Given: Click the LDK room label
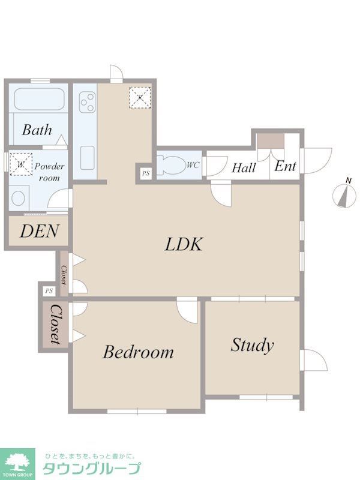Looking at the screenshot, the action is (x=184, y=244).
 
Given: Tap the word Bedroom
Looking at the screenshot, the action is (x=139, y=352).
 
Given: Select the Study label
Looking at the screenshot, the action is (x=252, y=346).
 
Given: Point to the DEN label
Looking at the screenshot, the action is (x=39, y=231).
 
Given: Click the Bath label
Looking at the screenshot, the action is (x=37, y=130).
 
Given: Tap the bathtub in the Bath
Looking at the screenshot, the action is (x=39, y=99).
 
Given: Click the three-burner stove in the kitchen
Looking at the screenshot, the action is (x=88, y=102).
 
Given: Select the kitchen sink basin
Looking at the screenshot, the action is (x=88, y=158).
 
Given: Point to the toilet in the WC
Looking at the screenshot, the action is (x=169, y=166).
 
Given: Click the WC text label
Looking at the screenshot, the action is (x=193, y=166).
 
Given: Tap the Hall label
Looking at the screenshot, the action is (x=244, y=168).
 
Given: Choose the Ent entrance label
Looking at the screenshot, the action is (x=286, y=166).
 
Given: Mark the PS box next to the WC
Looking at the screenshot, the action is (x=146, y=173).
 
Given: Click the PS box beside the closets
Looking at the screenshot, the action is (x=49, y=291).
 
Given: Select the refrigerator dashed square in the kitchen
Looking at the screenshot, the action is (x=140, y=98).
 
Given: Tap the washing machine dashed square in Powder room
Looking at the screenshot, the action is (x=21, y=164).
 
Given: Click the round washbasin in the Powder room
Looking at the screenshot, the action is (x=18, y=199).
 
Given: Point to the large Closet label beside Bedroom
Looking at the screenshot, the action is (x=55, y=325).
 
